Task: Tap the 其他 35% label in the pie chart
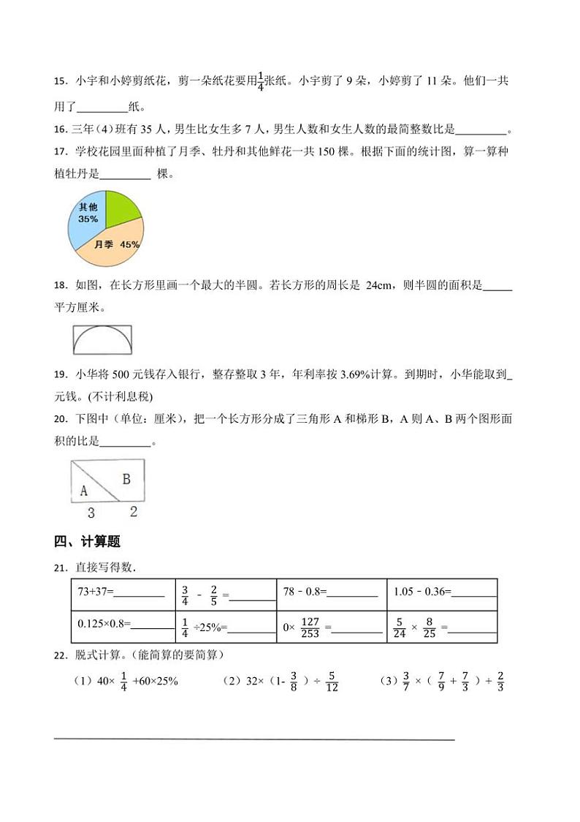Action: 88,213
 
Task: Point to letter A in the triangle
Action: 84,490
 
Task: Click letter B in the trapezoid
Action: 126,479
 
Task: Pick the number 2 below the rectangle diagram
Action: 133,512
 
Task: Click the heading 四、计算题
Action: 87,542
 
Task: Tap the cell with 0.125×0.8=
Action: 121,627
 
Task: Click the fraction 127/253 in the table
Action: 310,627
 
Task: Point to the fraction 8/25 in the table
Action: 429,627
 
